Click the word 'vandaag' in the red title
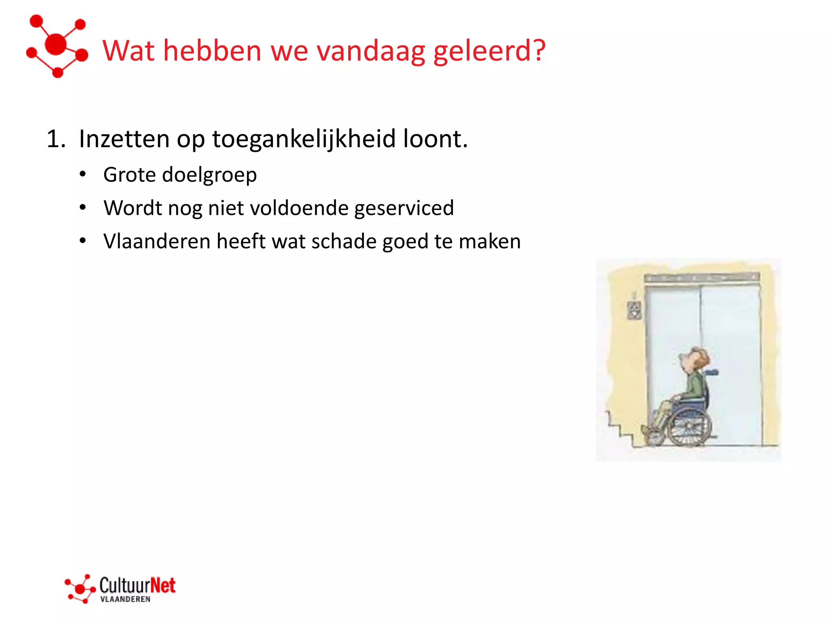pos(370,51)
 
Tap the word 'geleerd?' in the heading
pos(490,52)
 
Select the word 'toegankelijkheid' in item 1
pos(303,139)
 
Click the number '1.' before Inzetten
pos(56,139)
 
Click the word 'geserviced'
pos(404,208)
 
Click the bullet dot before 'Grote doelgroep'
pos(83,174)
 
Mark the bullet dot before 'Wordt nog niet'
pos(83,208)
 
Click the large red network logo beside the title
pos(57,45)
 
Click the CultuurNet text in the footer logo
pos(137,585)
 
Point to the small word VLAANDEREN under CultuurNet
pos(125,599)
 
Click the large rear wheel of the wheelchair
pos(689,427)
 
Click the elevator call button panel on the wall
pos(634,310)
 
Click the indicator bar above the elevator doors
pos(702,277)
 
